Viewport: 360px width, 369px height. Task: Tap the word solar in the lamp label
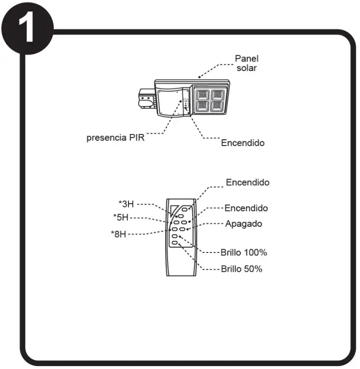(x=246, y=68)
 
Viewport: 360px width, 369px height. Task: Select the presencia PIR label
(x=115, y=137)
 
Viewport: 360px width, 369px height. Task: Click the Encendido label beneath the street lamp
(x=243, y=143)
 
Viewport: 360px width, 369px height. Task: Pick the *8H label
(x=118, y=235)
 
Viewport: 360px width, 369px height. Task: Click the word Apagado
(x=244, y=224)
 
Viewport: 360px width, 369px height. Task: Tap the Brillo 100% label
(x=244, y=252)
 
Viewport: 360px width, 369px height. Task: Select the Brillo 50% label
(x=241, y=269)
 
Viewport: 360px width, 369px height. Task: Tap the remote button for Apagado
(x=182, y=229)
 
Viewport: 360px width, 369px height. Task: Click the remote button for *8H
(x=174, y=229)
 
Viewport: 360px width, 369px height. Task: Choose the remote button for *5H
(x=176, y=222)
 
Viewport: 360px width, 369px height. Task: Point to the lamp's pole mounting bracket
(x=144, y=100)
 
